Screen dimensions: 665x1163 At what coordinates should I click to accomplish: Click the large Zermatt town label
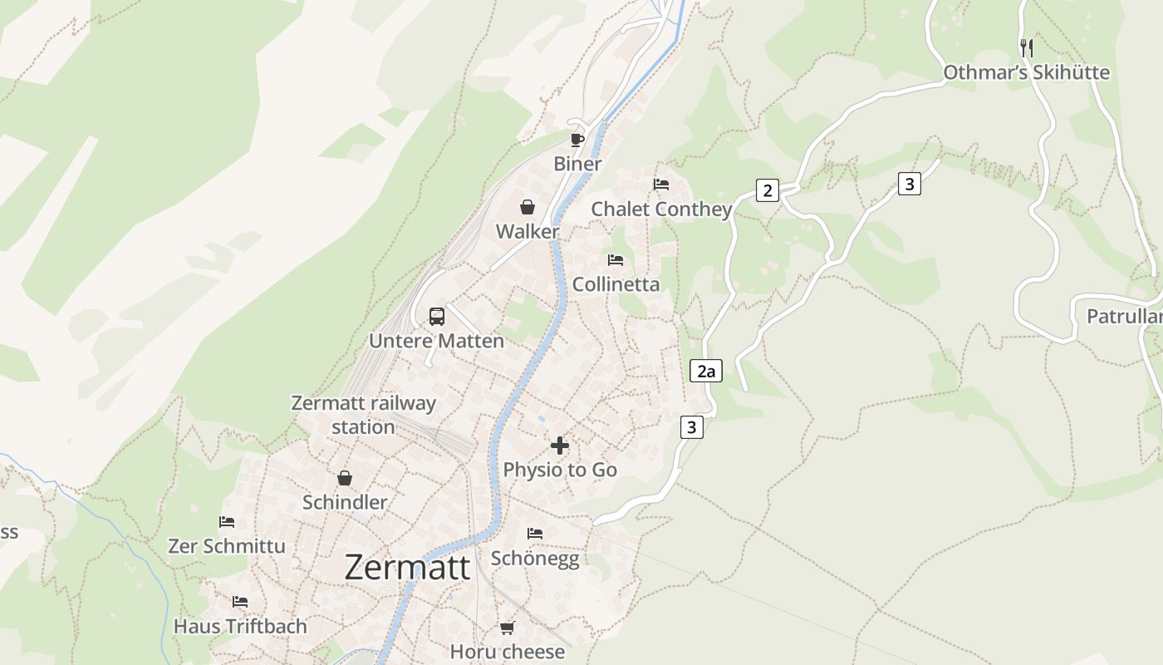point(407,567)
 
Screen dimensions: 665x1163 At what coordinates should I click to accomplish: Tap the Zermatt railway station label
point(363,415)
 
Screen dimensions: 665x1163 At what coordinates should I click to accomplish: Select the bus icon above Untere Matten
point(437,317)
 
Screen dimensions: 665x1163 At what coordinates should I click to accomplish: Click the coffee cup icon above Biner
point(577,140)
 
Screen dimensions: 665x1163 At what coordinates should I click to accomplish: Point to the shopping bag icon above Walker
point(528,207)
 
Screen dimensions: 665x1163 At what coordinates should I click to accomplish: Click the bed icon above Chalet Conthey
point(661,185)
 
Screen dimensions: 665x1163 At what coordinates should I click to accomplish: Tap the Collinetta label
point(616,284)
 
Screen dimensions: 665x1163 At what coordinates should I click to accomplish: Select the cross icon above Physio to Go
point(560,446)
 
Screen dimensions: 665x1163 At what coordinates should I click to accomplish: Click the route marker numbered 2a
point(706,371)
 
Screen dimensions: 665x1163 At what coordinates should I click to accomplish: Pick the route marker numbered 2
point(768,191)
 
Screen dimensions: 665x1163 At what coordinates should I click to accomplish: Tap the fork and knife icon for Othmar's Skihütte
point(1027,48)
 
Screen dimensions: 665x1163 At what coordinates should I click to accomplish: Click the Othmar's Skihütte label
point(1026,72)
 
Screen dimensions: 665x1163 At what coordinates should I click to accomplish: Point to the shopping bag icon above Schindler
point(345,478)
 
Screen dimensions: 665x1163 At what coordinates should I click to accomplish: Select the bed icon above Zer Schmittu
point(227,522)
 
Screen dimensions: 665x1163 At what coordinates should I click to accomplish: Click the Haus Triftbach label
point(240,626)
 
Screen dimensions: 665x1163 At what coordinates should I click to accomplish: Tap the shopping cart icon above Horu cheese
point(508,628)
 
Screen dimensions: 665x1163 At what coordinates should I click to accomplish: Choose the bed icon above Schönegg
point(535,534)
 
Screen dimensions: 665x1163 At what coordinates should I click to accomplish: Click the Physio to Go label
point(560,470)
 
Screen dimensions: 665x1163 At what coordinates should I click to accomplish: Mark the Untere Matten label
point(436,341)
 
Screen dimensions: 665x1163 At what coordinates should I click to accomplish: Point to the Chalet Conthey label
point(661,209)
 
